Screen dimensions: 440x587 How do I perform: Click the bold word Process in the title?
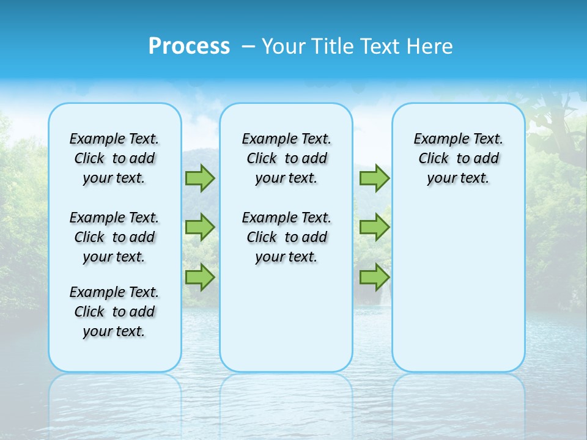coord(189,46)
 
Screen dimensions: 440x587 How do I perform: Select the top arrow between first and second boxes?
coord(200,178)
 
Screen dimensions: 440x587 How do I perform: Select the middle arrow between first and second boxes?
coord(200,227)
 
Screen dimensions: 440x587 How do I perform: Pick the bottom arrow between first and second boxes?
coord(200,277)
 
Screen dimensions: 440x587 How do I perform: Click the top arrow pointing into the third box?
coord(374,178)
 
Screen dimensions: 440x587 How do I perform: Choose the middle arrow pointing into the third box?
coord(374,227)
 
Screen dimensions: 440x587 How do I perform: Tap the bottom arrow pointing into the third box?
coord(374,277)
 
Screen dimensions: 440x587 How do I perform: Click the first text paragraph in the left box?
coord(114,158)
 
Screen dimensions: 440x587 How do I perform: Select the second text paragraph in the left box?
coord(114,237)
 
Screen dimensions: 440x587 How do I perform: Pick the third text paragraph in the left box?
coord(114,312)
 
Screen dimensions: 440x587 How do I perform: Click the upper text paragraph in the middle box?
coord(286,158)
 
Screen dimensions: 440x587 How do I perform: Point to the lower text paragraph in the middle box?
coord(286,237)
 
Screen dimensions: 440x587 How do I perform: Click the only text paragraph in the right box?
coord(458,158)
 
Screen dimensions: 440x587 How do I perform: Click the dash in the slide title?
coord(248,46)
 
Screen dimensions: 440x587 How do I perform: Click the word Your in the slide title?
coord(283,46)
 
